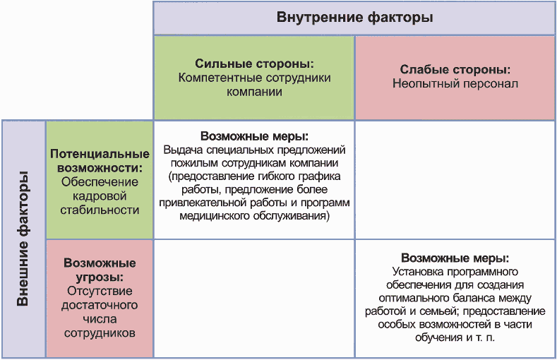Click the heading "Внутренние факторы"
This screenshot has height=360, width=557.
point(354,18)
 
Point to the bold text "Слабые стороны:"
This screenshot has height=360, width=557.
point(455,70)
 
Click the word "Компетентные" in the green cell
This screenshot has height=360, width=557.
point(213,78)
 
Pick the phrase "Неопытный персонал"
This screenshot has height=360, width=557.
point(455,84)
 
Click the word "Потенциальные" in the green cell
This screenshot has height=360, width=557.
point(100,154)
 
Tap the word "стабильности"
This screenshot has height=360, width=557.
point(100,210)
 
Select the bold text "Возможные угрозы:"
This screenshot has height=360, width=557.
point(100,270)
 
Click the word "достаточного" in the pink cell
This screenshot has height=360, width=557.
point(100,305)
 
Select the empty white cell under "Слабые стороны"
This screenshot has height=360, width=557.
point(455,179)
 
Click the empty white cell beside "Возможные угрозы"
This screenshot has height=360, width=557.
point(254,299)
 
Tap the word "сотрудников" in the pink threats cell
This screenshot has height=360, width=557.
point(100,332)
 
